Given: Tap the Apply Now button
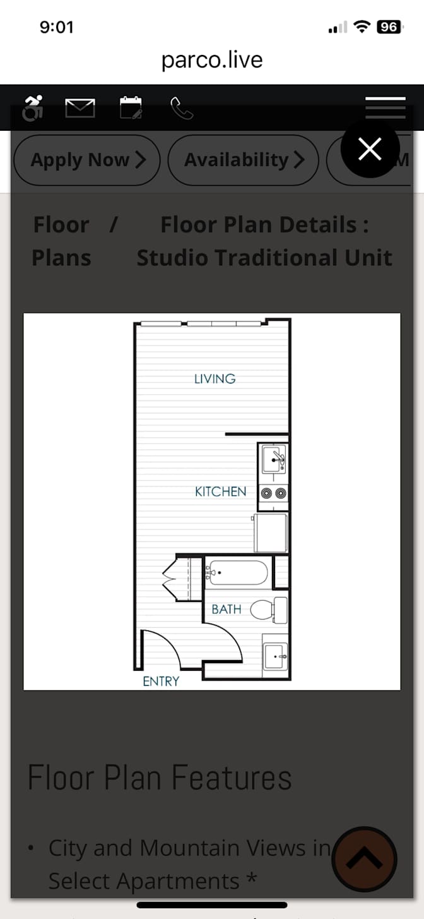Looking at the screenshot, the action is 87,160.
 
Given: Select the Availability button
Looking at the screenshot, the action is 244,160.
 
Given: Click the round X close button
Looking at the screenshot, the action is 370,148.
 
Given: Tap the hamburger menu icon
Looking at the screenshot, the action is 386,107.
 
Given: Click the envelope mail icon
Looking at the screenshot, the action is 80,108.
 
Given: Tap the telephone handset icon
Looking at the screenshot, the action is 182,108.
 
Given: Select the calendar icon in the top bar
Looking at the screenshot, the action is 131,107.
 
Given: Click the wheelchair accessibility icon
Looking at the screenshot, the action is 33,108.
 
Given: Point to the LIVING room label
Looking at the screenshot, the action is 215,379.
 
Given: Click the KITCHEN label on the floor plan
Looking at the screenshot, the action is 220,491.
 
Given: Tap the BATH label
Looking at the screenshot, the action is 226,610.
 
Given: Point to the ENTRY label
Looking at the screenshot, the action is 161,682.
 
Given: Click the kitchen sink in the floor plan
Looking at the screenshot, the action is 274,460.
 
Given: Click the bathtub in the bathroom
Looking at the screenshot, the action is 238,572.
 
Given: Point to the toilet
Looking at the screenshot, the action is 269,610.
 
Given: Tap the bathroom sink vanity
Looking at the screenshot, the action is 275,656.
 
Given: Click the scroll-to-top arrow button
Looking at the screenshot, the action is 364,859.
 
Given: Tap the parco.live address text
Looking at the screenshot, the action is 212,60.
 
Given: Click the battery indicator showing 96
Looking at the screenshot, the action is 389,27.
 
